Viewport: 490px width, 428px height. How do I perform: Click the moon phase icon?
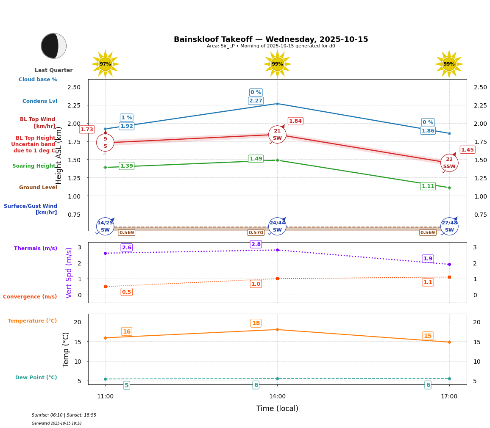[54, 46]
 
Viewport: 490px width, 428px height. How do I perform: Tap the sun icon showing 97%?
[105, 64]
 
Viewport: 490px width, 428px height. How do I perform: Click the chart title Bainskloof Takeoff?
[271, 39]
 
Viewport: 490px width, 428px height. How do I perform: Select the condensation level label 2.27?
[256, 101]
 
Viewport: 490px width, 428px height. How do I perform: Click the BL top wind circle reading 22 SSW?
[449, 163]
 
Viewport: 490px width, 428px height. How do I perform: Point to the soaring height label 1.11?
[428, 186]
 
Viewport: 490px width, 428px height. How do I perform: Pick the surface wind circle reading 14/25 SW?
[105, 226]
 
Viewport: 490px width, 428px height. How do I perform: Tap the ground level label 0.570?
[256, 233]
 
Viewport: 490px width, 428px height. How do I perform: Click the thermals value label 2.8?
[256, 244]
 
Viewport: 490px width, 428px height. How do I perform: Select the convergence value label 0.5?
[127, 292]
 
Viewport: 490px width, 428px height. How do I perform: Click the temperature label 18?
[256, 323]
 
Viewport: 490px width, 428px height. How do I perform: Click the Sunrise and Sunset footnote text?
[64, 415]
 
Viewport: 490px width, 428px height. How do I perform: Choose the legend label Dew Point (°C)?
[36, 378]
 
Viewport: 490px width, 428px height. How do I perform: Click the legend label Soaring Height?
[34, 166]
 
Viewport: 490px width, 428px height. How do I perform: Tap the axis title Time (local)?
[277, 409]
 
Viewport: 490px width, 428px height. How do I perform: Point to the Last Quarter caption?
[54, 70]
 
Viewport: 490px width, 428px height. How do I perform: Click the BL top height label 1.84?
[295, 121]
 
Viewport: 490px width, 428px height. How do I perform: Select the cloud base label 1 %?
[127, 118]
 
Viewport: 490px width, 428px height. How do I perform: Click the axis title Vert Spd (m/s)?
[69, 273]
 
